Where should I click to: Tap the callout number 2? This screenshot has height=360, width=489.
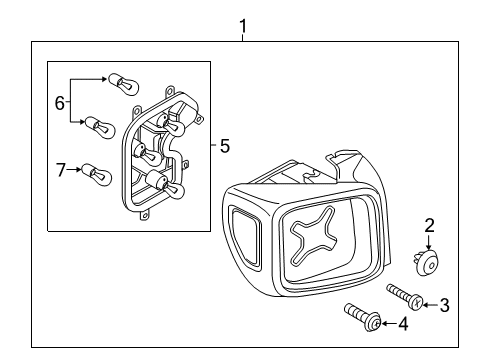[429, 225]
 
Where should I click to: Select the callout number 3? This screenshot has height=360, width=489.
[446, 304]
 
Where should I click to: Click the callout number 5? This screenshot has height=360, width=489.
[224, 146]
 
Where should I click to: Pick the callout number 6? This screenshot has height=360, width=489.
[58, 102]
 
